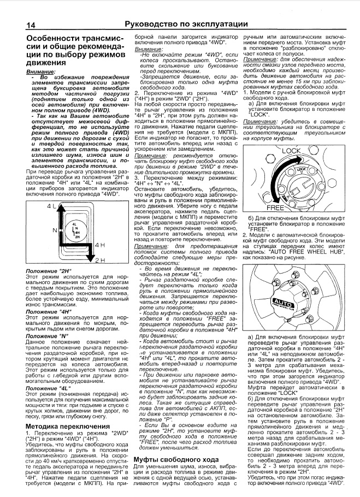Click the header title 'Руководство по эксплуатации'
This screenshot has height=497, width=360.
click(186, 24)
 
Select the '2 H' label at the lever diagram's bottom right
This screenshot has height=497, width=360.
click(99, 261)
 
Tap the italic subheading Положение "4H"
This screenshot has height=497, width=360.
click(50, 311)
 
